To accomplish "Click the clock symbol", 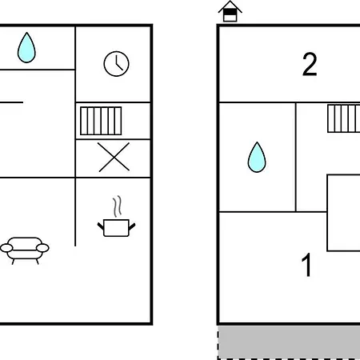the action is (x=116, y=64).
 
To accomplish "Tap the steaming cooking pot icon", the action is (x=116, y=217).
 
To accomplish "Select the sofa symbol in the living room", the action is (x=25, y=250).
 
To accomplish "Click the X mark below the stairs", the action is (x=114, y=157).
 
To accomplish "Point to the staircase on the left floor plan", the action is (x=101, y=121).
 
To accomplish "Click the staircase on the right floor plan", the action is (x=344, y=118).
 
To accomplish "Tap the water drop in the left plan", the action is (x=26, y=48).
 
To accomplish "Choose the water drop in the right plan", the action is (x=257, y=158).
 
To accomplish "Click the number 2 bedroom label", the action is (x=310, y=64).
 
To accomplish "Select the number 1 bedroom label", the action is (x=306, y=265).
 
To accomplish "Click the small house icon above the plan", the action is (x=230, y=11).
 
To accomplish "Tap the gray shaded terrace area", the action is (x=289, y=342).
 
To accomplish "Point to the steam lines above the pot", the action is (x=117, y=206).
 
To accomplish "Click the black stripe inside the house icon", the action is (x=230, y=13).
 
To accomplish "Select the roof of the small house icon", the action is (x=230, y=6).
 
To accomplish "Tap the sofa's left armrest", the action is (x=6, y=248).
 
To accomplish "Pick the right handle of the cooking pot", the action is (x=132, y=226).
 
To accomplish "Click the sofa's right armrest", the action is (x=42, y=248).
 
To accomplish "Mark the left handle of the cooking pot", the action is (x=101, y=226).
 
